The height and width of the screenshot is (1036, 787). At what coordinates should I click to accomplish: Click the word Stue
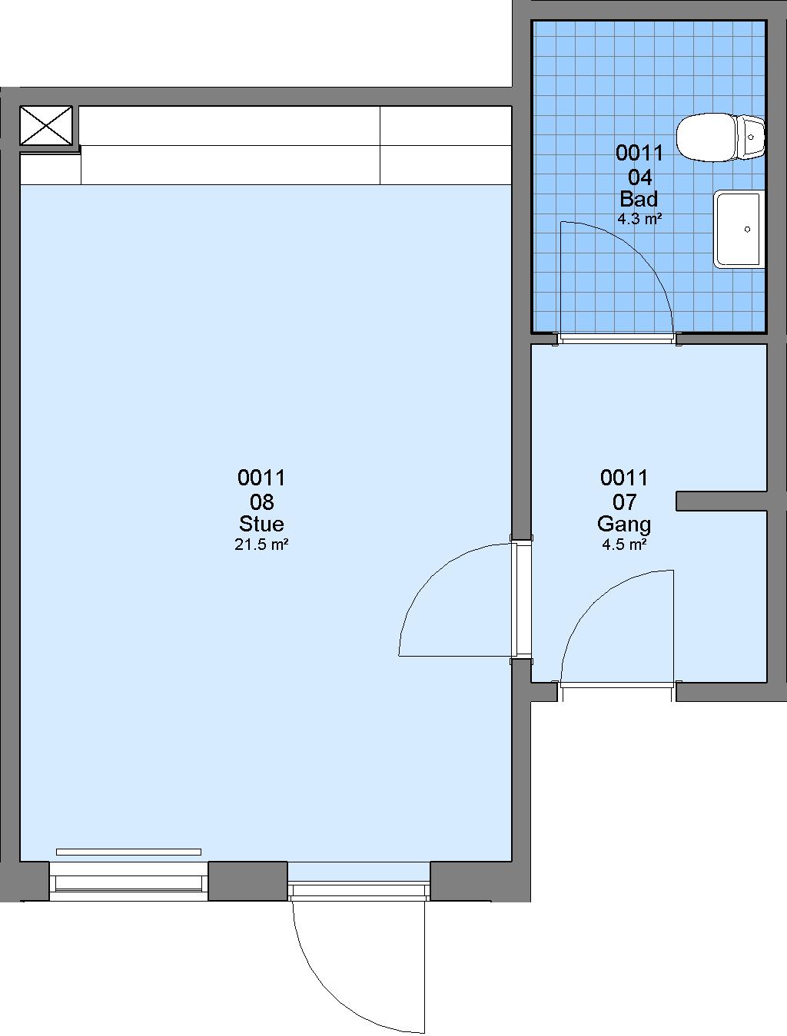261,524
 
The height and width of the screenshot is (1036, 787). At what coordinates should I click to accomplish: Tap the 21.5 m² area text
261,544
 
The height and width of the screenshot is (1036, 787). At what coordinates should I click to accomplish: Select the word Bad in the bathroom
639,199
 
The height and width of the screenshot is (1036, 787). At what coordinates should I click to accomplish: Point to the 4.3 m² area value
639,219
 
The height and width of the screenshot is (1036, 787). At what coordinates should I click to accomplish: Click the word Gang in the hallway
623,525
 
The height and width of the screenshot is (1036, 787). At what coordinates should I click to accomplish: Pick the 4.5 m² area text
623,544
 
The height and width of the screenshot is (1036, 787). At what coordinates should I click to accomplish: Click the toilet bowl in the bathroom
706,137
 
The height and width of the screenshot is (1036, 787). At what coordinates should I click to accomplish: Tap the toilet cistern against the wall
751,137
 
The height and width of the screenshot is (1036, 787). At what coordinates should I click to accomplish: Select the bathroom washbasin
739,229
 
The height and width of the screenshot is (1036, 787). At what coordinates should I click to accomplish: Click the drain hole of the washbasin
747,230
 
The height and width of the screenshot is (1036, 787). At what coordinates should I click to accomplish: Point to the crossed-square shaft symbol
46,125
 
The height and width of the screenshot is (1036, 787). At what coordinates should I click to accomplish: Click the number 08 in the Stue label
261,501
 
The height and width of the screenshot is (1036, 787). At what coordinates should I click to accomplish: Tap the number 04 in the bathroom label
639,177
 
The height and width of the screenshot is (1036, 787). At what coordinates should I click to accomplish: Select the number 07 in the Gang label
624,502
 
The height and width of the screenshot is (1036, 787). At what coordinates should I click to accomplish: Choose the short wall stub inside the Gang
722,501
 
